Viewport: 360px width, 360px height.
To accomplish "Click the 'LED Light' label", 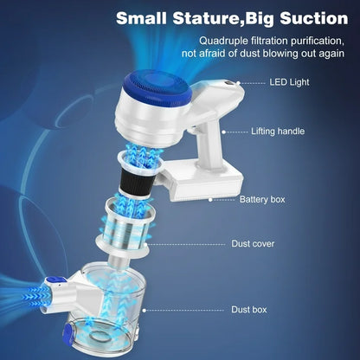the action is [289, 82].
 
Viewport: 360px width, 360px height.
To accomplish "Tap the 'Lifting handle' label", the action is [278, 132].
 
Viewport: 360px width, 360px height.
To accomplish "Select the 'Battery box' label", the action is [262, 199].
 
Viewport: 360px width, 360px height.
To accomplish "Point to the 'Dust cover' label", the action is [253, 244].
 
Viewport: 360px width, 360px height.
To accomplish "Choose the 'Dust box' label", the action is [249, 310].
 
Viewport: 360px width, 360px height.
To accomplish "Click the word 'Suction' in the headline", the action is [313, 18].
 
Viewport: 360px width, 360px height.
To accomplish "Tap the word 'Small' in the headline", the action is [141, 18].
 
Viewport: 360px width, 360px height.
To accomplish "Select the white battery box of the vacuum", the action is [202, 182].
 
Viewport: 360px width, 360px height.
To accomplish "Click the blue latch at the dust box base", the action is [67, 333].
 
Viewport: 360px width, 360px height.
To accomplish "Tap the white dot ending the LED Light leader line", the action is [238, 83].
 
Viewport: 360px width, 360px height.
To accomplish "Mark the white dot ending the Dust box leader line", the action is [144, 311].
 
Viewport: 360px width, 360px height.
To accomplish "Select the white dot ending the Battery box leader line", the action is [210, 199].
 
